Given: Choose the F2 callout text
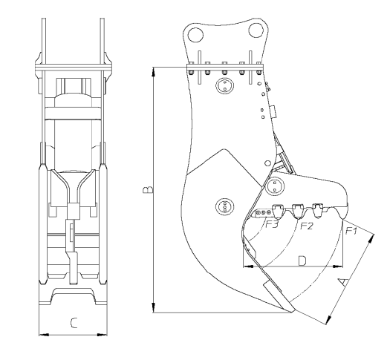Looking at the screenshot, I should click(x=306, y=226).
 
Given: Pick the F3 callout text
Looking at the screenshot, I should click(x=273, y=225).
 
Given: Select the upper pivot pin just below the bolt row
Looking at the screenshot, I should click(x=224, y=88).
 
